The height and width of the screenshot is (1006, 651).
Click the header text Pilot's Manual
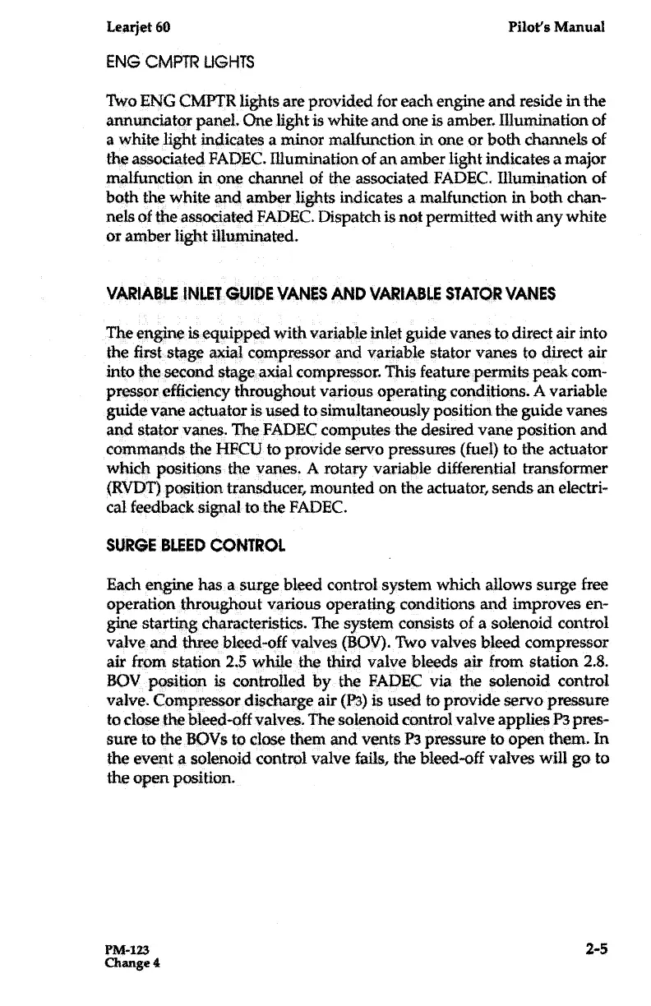556,26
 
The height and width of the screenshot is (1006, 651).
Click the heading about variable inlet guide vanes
331,293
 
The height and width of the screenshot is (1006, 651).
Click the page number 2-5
596,950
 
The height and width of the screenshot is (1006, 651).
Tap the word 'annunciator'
145,123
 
